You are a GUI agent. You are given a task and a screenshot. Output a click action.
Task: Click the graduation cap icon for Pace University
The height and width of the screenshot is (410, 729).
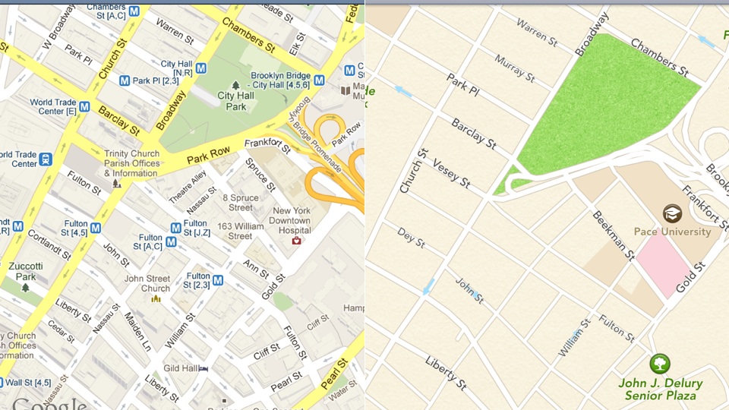click(672, 213)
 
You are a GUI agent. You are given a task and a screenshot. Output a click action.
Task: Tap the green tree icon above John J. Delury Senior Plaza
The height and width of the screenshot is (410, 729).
click(660, 364)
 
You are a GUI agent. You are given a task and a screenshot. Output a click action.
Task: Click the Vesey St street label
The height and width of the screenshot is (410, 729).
click(451, 173)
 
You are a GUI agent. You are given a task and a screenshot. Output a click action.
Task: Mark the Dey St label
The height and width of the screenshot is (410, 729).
click(411, 238)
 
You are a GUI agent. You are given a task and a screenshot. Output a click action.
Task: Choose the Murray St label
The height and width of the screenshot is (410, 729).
click(514, 67)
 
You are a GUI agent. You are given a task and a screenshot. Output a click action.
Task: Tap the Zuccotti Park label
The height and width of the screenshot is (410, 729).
click(26, 272)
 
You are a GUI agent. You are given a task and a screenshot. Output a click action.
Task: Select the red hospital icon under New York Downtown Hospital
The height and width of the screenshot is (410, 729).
click(296, 241)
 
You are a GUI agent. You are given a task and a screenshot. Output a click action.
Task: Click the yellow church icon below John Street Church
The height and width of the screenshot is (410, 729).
click(156, 298)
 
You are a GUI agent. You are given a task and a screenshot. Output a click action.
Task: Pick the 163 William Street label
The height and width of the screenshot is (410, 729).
click(240, 231)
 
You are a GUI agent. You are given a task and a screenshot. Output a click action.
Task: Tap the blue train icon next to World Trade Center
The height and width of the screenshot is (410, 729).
click(46, 159)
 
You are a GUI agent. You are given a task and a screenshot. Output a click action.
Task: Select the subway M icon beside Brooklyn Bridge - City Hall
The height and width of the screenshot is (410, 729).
click(319, 80)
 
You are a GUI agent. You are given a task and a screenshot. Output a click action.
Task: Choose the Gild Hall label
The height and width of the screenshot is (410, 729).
click(181, 368)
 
